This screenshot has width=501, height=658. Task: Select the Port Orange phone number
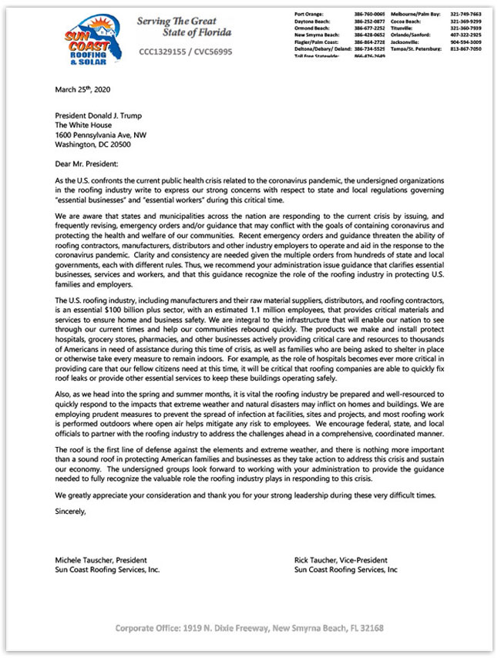point(370,15)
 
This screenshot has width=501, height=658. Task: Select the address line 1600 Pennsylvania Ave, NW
point(100,134)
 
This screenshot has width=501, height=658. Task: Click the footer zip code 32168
point(368,629)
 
